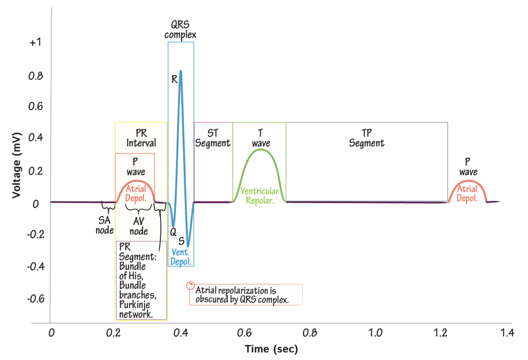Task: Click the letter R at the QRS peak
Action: pyautogui.click(x=175, y=79)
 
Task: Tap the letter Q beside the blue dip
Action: pyautogui.click(x=173, y=232)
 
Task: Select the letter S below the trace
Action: pyautogui.click(x=181, y=241)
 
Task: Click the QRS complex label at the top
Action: pyautogui.click(x=181, y=29)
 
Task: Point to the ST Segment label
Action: pyautogui.click(x=212, y=138)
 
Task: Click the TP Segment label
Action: pyautogui.click(x=366, y=138)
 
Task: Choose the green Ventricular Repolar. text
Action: pyautogui.click(x=260, y=195)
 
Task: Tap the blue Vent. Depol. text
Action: pyautogui.click(x=181, y=257)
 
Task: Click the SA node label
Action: pyautogui.click(x=104, y=225)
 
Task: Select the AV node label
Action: pyautogui.click(x=138, y=225)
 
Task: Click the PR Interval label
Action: pyautogui.click(x=141, y=138)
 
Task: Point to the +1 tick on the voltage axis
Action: pyautogui.click(x=35, y=42)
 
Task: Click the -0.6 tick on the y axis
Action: pyautogui.click(x=33, y=299)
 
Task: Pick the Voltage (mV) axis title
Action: pyautogui.click(x=18, y=164)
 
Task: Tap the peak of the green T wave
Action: pyautogui.click(x=261, y=150)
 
